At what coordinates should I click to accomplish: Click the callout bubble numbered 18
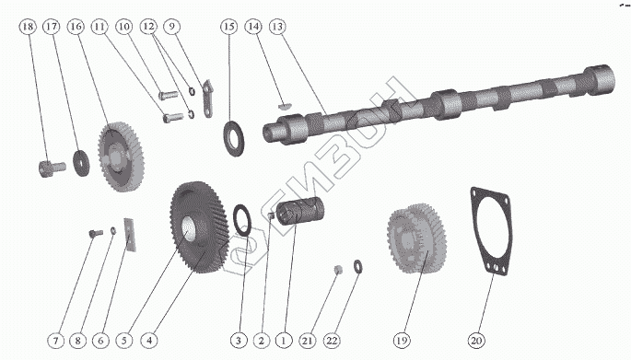pyautogui.click(x=28, y=27)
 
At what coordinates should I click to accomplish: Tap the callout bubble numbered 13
pyautogui.click(x=277, y=27)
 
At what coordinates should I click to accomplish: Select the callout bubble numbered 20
pyautogui.click(x=476, y=341)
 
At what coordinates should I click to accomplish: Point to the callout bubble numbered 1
pyautogui.click(x=284, y=341)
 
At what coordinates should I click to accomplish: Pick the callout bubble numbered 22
pyautogui.click(x=332, y=341)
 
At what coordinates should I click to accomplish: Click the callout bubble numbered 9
pyautogui.click(x=172, y=27)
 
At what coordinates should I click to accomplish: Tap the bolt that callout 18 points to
pyautogui.click(x=53, y=168)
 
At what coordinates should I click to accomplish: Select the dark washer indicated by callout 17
pyautogui.click(x=81, y=162)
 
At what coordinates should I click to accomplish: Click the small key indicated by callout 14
pyautogui.click(x=284, y=106)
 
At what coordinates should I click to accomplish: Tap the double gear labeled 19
pyautogui.click(x=417, y=238)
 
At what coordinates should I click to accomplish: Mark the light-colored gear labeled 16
pyautogui.click(x=121, y=157)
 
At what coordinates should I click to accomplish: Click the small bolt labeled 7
pyautogui.click(x=96, y=233)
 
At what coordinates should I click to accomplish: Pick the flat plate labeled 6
pyautogui.click(x=130, y=235)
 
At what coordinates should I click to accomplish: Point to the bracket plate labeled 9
pyautogui.click(x=207, y=99)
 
